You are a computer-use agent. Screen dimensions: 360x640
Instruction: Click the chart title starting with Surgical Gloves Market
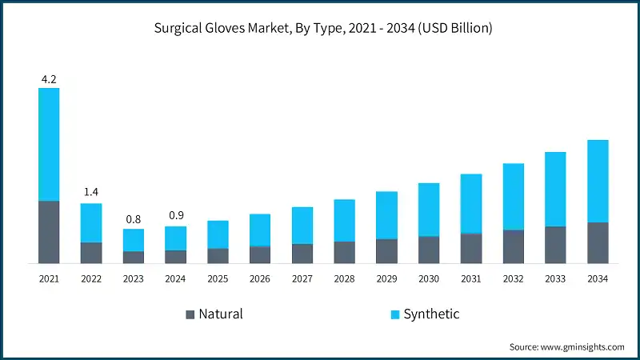[319, 27]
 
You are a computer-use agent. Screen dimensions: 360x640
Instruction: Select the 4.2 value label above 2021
[48, 78]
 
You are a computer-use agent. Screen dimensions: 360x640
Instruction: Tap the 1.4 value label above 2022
[90, 193]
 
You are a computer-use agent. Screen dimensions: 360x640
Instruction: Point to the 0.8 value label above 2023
[133, 219]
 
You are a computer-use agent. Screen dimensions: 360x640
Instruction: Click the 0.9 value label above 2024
[175, 216]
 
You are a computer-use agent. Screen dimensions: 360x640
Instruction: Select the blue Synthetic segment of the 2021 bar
[48, 144]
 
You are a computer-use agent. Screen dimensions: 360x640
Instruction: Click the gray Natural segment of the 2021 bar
[48, 231]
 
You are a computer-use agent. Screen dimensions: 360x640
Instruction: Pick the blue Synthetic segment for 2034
[598, 181]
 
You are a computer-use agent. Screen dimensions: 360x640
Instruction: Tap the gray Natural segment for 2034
[598, 242]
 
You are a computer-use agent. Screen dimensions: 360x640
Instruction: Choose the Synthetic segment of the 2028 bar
[344, 220]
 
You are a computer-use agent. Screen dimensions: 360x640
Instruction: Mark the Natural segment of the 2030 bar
[429, 249]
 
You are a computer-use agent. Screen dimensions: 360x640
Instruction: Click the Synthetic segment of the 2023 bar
[133, 240]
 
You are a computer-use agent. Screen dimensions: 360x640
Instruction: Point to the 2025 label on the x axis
[218, 279]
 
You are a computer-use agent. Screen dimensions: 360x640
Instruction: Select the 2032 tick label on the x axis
[513, 279]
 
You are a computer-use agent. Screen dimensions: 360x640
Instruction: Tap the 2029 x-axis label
[386, 279]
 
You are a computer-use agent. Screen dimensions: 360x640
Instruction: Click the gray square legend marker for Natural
[190, 314]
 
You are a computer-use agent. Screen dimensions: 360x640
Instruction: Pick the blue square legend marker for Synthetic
[395, 314]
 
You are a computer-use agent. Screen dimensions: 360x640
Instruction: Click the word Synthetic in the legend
[431, 314]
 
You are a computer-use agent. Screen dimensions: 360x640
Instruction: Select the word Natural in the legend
[220, 314]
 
